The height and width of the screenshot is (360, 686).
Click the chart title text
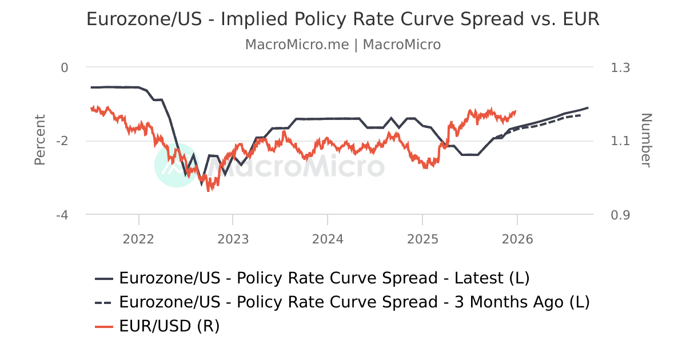click(x=343, y=19)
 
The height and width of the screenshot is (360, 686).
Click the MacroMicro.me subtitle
click(x=343, y=45)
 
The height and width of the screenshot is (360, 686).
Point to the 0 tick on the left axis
click(x=65, y=67)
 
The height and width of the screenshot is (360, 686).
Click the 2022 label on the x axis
click(x=138, y=239)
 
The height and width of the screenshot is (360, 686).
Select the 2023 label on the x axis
click(x=233, y=239)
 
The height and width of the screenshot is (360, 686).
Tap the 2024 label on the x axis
click(x=328, y=239)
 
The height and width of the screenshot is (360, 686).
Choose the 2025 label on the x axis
click(x=422, y=239)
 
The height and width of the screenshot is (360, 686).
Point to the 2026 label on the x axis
click(x=517, y=239)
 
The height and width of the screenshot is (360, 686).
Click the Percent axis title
click(x=39, y=140)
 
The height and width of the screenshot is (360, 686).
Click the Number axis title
click(x=645, y=140)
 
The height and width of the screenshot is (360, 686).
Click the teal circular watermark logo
click(x=177, y=165)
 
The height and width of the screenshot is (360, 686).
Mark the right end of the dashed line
click(x=581, y=115)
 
